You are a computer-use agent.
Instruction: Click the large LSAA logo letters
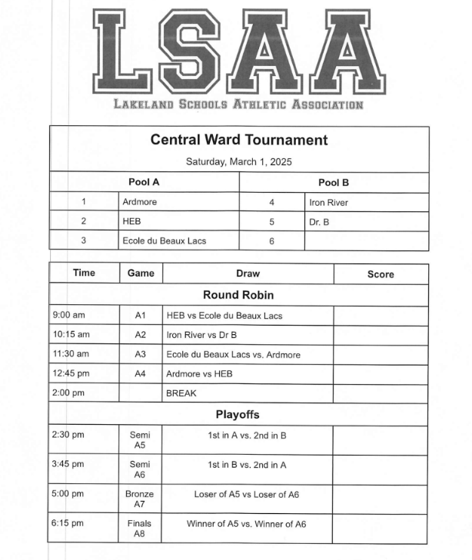(238, 50)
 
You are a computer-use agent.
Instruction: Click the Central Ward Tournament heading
(238, 140)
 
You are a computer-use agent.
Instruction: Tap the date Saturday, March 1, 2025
(238, 162)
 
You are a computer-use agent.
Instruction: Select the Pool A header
(144, 183)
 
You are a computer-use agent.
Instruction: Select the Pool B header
(334, 183)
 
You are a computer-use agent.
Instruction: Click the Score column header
(381, 274)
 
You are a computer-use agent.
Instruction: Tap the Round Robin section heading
(238, 295)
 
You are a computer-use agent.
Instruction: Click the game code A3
(140, 354)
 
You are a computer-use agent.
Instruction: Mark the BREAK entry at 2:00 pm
(181, 393)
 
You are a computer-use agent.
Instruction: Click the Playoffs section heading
(238, 415)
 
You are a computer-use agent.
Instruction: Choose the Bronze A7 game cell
(140, 499)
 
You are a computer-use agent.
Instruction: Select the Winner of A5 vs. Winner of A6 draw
(246, 524)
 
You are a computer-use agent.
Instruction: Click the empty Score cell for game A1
(381, 316)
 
